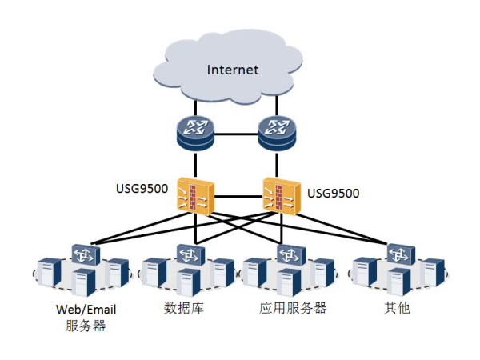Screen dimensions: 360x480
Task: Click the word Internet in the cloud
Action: click(x=233, y=70)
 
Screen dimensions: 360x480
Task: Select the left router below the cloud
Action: click(x=195, y=130)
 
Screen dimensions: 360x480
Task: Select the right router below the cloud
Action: click(x=277, y=130)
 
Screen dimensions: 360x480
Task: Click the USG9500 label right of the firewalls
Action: click(x=332, y=192)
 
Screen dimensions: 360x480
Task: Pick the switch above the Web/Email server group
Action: click(x=85, y=254)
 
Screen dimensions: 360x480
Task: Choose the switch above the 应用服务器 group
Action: click(x=289, y=254)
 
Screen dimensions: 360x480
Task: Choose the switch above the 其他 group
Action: click(x=398, y=254)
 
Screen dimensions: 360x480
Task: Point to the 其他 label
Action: click(x=398, y=308)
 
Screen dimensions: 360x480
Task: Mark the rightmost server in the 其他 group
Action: click(x=433, y=273)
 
